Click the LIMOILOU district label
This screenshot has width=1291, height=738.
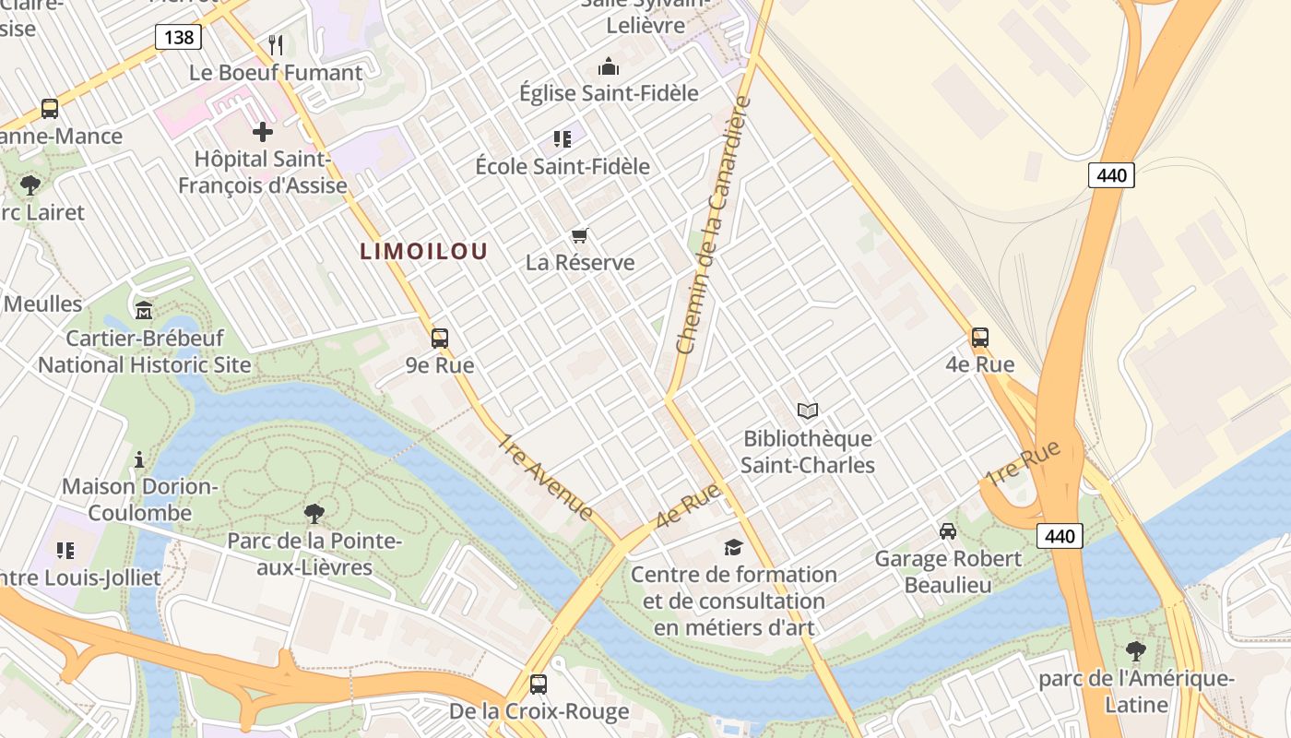pos(423,251)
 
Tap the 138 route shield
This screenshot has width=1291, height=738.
pos(178,37)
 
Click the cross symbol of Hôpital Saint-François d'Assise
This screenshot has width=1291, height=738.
pos(263,132)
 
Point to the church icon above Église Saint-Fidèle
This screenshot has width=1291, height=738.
pos(609,66)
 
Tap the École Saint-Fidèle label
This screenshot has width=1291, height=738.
pos(562,167)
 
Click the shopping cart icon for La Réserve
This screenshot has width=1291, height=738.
pos(580,235)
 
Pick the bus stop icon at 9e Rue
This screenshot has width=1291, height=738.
pos(440,338)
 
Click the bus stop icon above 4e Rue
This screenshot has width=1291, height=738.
pos(979,338)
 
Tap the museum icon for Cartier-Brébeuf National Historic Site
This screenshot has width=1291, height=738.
pos(144,310)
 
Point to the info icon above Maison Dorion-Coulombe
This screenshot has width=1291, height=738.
pos(139,458)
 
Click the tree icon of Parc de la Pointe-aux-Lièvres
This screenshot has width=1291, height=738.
pos(314,514)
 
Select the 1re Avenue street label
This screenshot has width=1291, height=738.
pos(546,476)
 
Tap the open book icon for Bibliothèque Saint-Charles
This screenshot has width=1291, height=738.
pos(808,411)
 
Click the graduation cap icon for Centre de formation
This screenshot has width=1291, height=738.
pos(733,547)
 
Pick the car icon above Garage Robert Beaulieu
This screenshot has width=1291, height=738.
pos(948,531)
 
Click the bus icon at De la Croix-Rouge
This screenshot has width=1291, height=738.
pos(539,684)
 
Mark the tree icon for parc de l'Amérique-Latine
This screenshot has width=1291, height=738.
pos(1136,651)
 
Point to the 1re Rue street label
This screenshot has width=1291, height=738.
pos(1024,463)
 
